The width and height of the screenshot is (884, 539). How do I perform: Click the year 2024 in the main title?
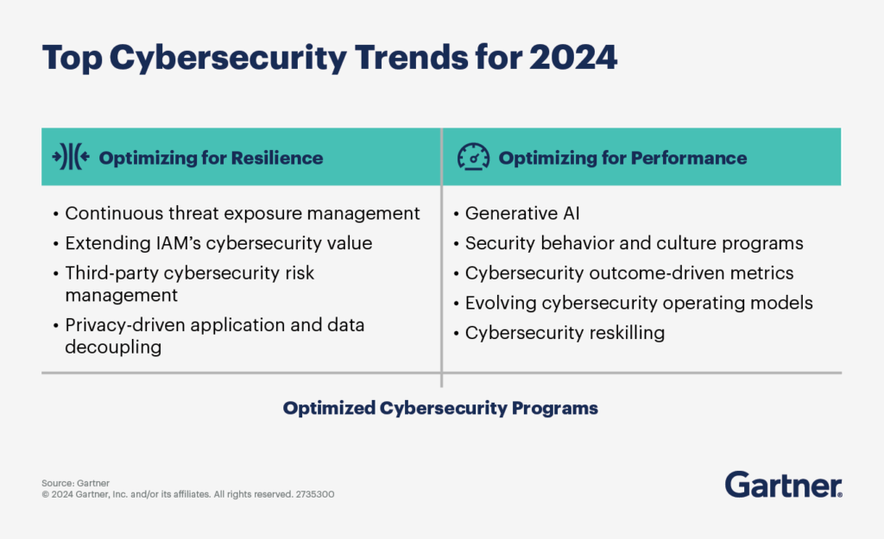tap(573, 58)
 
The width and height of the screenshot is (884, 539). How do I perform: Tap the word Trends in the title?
tap(411, 58)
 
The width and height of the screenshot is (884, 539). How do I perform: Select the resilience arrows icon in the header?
tap(71, 157)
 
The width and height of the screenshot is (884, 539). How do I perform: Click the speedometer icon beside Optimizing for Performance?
tap(473, 157)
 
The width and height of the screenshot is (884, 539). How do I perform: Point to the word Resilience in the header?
tap(277, 158)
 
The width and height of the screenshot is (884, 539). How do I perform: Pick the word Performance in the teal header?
tap(689, 158)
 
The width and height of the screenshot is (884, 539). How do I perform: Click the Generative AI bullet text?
tap(522, 214)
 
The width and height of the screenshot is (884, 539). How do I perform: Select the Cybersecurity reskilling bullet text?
tap(565, 333)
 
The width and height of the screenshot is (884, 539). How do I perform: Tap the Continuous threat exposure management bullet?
tap(243, 214)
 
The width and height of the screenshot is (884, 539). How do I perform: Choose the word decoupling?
tap(113, 348)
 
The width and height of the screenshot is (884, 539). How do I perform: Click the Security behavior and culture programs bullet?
tap(635, 243)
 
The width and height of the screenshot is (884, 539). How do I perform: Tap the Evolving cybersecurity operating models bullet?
tap(639, 303)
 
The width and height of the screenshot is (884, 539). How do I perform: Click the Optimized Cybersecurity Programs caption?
tap(440, 408)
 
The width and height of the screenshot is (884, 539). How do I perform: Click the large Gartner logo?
tap(784, 485)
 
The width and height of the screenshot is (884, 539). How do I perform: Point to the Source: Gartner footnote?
tap(76, 483)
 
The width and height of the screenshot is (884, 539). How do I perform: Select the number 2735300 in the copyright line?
tap(315, 494)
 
